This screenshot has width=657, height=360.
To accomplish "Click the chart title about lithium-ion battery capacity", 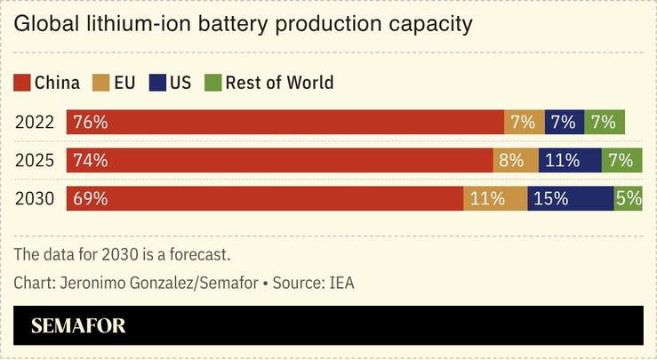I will coord(242,24).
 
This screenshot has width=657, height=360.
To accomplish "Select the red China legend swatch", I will coord(22,84).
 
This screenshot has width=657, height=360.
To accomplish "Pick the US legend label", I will coord(180,84).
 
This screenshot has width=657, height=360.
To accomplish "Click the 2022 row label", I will coord(35,123).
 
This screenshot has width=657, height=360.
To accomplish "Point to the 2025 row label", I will coord(35,161).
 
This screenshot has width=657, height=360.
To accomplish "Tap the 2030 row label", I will coord(35,199).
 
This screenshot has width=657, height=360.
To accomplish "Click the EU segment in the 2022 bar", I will coord(523,123).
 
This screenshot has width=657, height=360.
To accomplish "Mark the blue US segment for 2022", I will coord(563,123).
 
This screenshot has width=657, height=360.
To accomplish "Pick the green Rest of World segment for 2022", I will coord(604,123).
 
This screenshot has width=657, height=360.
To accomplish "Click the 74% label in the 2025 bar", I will coord(91,161).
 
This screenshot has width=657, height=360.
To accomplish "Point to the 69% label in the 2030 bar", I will coord(91,199).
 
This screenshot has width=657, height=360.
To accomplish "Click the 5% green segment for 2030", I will coord(629,199).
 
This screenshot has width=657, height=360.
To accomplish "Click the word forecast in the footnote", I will coord(199,254).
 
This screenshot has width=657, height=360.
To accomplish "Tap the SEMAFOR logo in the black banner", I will coord(78,326).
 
